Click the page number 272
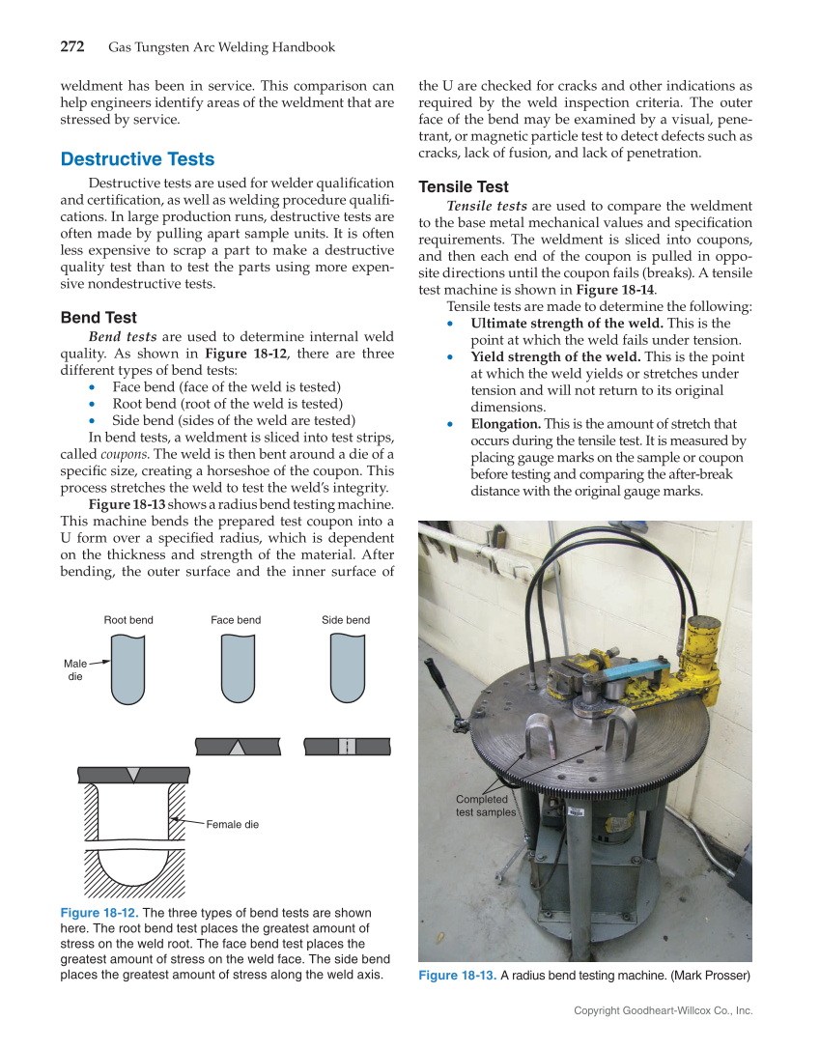(72, 46)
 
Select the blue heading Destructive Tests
(137, 159)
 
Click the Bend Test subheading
(99, 317)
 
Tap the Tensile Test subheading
(464, 186)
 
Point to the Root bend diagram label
(128, 620)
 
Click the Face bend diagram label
(236, 620)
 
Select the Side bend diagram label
(346, 620)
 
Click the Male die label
(74, 670)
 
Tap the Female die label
(232, 824)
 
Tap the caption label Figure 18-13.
(458, 976)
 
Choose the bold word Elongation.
(505, 424)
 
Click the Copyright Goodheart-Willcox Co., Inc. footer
(663, 1010)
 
